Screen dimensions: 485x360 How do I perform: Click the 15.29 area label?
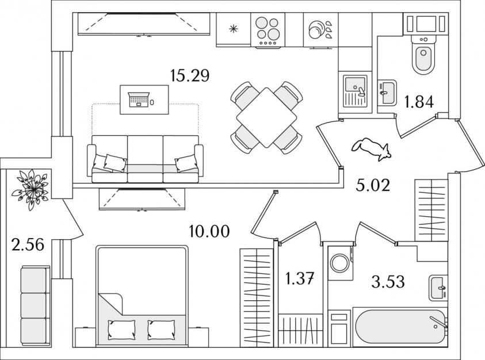click(190, 75)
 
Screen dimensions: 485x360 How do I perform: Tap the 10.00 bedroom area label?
click(209, 231)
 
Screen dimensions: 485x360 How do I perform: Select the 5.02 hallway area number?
click(373, 185)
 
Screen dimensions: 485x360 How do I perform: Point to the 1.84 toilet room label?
click(419, 102)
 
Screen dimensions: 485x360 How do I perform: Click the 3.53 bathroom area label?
click(388, 282)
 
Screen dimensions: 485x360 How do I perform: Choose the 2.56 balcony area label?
click(28, 244)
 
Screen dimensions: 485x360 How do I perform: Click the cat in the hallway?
click(372, 149)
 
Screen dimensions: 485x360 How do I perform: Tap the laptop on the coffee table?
click(138, 99)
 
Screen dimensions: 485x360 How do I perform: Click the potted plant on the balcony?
click(31, 189)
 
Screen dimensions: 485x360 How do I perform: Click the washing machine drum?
click(339, 263)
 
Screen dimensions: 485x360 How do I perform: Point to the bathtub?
click(400, 327)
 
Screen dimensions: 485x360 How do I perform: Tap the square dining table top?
click(266, 117)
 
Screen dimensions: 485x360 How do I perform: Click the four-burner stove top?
click(268, 30)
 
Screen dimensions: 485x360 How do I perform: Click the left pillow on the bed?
click(121, 330)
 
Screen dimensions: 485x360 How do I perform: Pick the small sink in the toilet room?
click(387, 93)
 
